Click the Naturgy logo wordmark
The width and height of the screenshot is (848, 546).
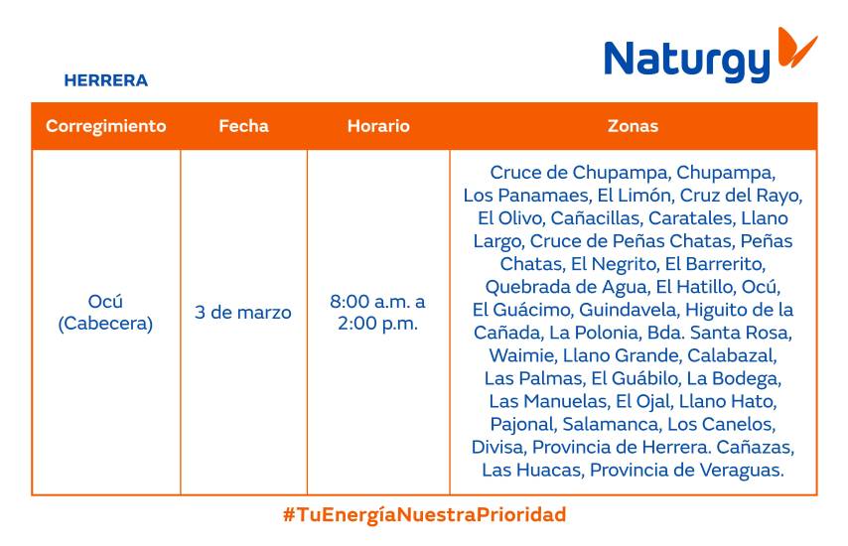click(x=686, y=61)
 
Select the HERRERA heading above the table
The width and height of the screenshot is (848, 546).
click(x=105, y=80)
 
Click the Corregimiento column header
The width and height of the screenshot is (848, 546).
click(x=105, y=126)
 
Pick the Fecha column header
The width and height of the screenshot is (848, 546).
click(x=243, y=126)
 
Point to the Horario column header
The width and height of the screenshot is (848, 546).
click(x=378, y=126)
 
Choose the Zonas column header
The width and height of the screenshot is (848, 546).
click(x=633, y=126)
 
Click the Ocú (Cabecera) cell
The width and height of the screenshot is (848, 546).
click(x=105, y=313)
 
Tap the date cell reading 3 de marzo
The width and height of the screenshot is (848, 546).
click(x=243, y=313)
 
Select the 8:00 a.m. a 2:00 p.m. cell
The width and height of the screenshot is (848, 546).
click(x=378, y=313)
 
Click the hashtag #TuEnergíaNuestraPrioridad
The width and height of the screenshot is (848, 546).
click(x=424, y=515)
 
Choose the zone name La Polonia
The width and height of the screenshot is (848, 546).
click(x=592, y=333)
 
